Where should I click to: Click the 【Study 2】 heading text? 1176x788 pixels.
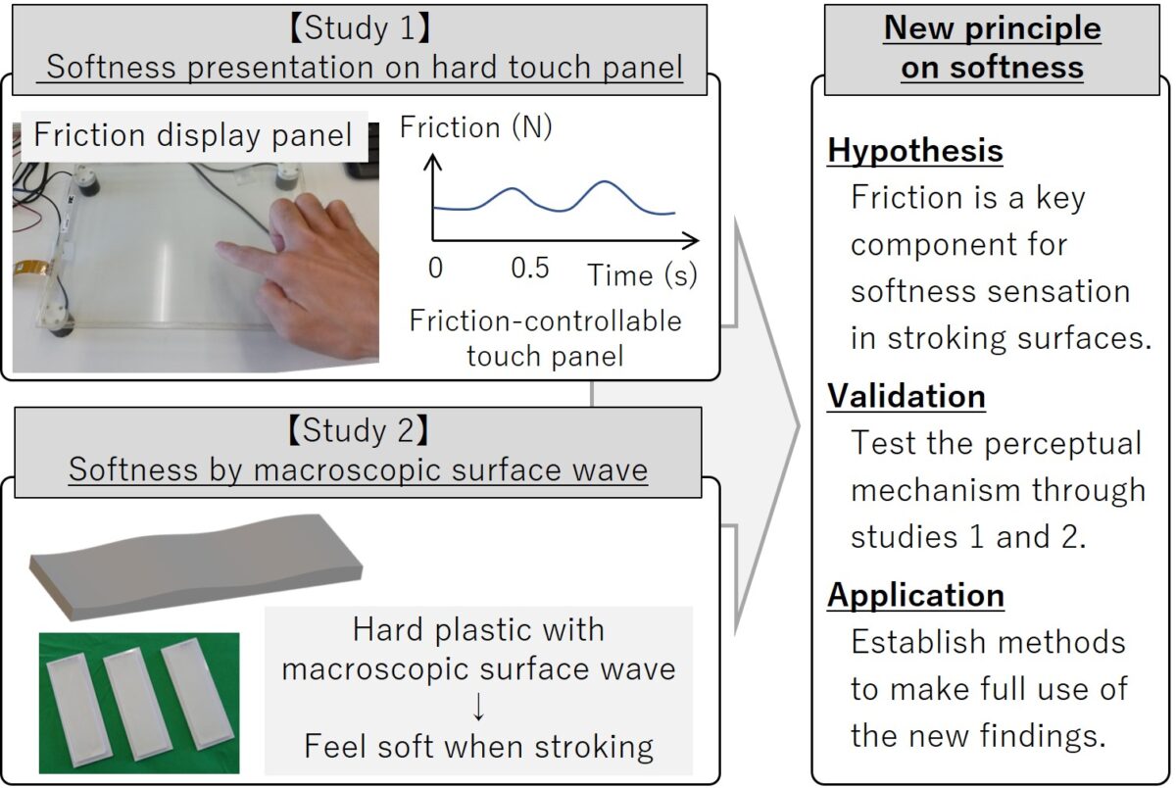(x=358, y=431)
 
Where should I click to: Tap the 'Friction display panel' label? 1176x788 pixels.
(x=192, y=135)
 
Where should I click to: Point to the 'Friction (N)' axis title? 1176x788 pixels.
(x=475, y=128)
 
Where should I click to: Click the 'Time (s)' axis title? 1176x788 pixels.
(x=642, y=275)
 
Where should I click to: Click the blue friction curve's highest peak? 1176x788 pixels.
(x=607, y=182)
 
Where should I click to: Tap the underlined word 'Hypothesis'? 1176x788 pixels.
(x=915, y=151)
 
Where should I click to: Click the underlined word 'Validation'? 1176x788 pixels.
(x=906, y=396)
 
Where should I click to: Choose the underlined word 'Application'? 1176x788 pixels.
(x=915, y=595)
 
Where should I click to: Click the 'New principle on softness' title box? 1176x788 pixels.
(x=992, y=47)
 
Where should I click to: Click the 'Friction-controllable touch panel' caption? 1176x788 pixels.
(x=545, y=338)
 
